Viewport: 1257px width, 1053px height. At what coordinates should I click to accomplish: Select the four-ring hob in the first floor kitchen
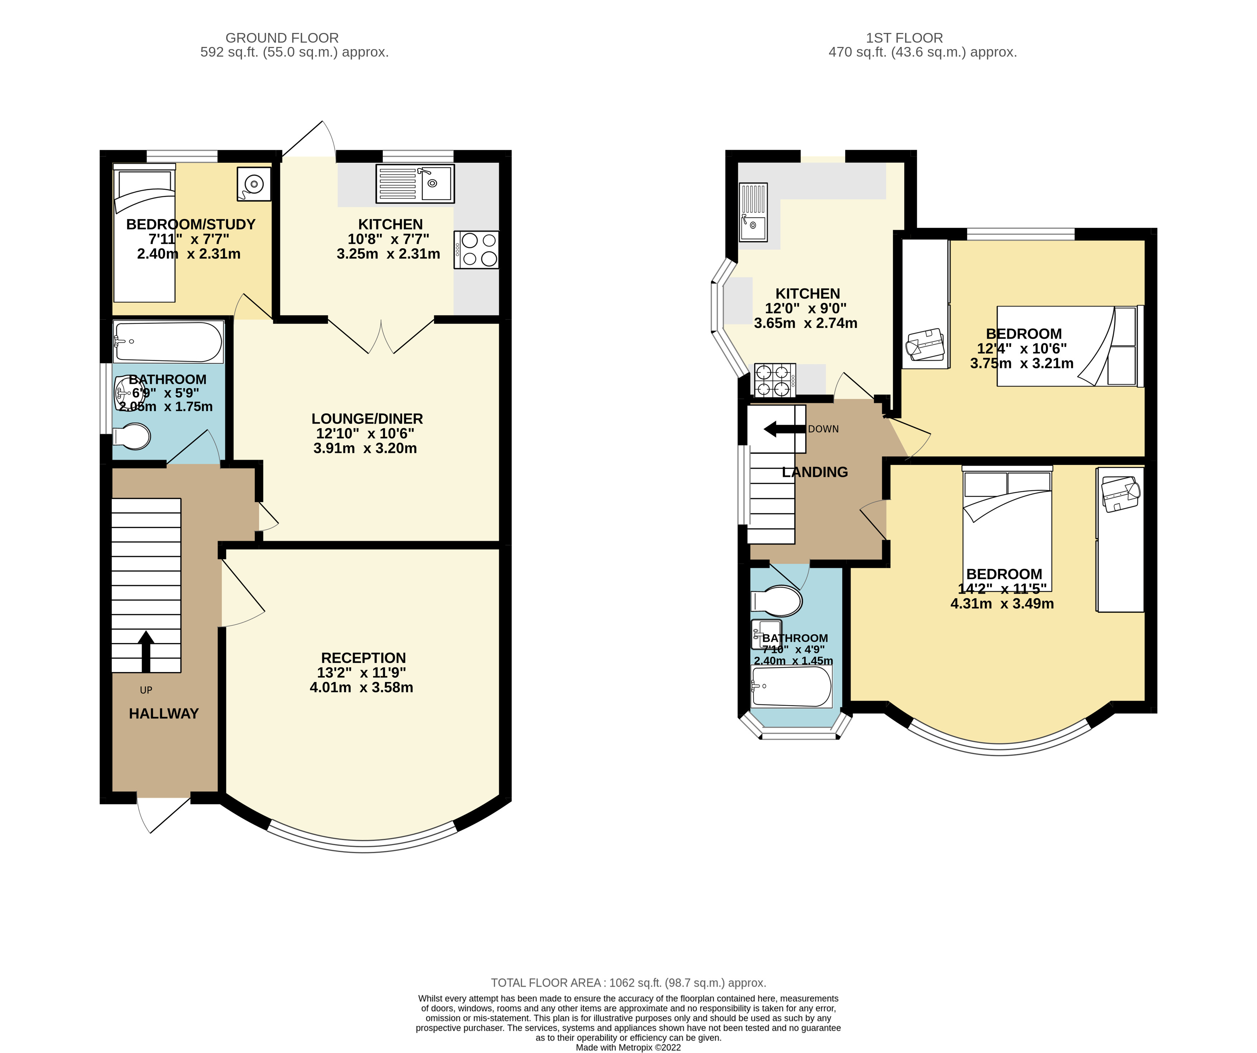[x=775, y=380]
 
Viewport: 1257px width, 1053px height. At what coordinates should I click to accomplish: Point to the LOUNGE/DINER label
[x=367, y=419]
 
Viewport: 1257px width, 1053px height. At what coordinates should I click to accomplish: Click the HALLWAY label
[x=163, y=714]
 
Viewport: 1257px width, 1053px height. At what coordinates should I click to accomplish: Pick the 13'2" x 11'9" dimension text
[x=362, y=673]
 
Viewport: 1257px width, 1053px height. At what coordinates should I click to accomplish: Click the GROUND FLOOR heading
[x=282, y=38]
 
